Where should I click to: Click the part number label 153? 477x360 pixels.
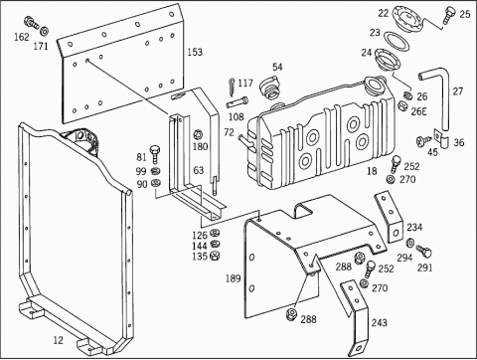point(195,53)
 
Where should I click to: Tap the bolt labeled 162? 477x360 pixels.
point(32,23)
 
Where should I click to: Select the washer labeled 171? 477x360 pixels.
point(44,31)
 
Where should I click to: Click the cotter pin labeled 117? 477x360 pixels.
point(232,86)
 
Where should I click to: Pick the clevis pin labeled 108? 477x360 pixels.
point(238,102)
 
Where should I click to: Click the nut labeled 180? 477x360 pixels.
point(198,135)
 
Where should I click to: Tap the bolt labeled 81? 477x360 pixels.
point(155,153)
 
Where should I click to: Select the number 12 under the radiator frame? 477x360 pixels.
point(58,340)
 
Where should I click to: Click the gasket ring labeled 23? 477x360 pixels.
point(397,41)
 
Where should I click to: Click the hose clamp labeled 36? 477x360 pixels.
point(441,139)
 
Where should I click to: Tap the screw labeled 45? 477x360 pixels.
point(423,140)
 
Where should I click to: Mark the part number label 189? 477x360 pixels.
point(233,278)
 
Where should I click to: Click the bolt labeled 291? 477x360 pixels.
point(424,251)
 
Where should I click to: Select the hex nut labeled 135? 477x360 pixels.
point(215,256)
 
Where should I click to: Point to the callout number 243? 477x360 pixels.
point(379,322)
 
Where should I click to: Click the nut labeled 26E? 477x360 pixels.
point(402,106)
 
